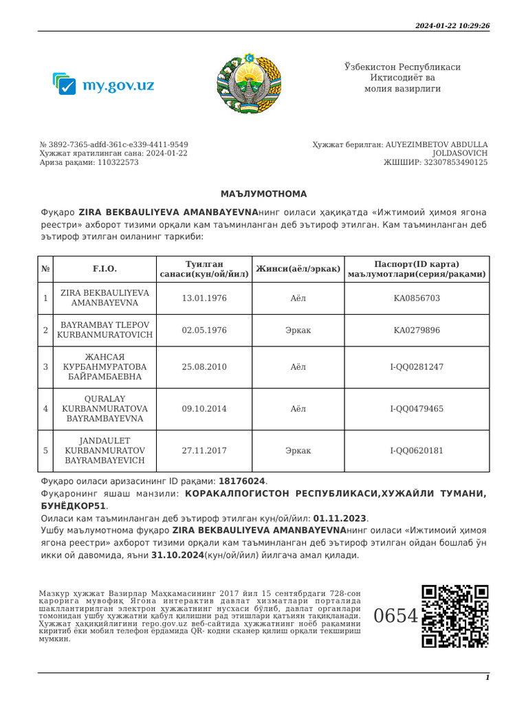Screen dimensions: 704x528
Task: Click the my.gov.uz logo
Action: [103, 85]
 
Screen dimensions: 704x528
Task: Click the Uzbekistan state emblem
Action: [249, 82]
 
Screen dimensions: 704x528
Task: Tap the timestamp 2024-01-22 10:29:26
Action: [452, 25]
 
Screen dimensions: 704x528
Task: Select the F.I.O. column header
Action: [104, 269]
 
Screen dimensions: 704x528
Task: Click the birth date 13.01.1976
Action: [204, 298]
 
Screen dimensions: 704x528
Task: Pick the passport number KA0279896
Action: [417, 331]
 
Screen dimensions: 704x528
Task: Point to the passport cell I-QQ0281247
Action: [417, 367]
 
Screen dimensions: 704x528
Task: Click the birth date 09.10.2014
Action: [204, 409]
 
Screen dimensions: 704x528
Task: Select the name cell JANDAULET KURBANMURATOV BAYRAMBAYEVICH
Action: [104, 451]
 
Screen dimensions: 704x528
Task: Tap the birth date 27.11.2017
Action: [204, 451]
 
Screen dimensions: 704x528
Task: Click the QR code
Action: [454, 616]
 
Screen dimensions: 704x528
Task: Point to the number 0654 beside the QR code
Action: [395, 616]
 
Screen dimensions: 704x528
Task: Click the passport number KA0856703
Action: [417, 298]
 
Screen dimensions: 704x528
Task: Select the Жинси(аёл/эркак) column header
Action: [298, 269]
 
